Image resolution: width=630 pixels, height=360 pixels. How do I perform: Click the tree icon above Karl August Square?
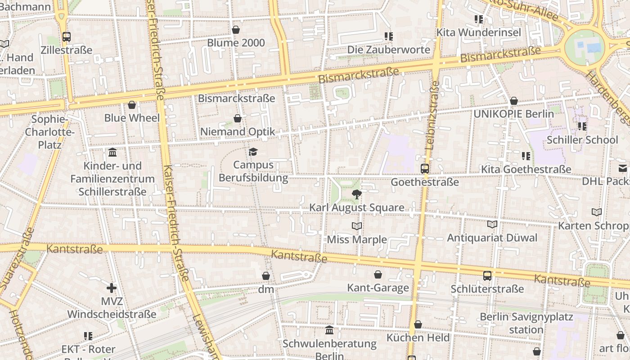click(357, 194)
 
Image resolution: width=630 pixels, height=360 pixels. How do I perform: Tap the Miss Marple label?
click(357, 239)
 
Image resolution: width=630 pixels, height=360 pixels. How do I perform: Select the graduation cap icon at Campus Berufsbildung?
click(253, 152)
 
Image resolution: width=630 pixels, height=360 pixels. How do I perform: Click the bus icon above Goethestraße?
click(425, 169)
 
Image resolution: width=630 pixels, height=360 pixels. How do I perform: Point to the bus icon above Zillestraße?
click(67, 37)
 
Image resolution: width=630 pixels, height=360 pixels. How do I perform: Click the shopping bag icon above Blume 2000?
click(236, 30)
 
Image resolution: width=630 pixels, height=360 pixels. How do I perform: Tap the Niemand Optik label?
click(237, 132)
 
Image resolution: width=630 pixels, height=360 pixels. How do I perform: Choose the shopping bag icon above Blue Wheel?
click(132, 105)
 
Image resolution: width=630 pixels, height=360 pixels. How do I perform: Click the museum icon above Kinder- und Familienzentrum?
click(112, 152)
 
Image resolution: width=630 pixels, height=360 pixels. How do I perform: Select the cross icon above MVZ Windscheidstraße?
click(112, 288)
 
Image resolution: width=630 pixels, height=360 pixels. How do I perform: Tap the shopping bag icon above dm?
click(266, 276)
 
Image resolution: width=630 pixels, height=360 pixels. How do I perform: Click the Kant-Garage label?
click(378, 288)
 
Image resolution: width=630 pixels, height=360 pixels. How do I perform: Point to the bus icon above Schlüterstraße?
click(487, 275)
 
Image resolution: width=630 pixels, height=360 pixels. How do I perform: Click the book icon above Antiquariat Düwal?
click(492, 224)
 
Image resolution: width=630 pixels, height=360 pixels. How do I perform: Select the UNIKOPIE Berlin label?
click(513, 114)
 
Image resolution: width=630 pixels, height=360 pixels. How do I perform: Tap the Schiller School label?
click(582, 140)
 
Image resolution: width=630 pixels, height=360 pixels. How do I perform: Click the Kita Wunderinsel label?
click(479, 32)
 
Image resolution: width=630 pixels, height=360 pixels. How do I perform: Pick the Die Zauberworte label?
click(389, 49)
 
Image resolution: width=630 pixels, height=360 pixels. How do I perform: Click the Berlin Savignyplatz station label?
click(526, 323)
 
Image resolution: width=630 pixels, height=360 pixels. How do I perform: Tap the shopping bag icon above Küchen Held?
click(418, 324)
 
